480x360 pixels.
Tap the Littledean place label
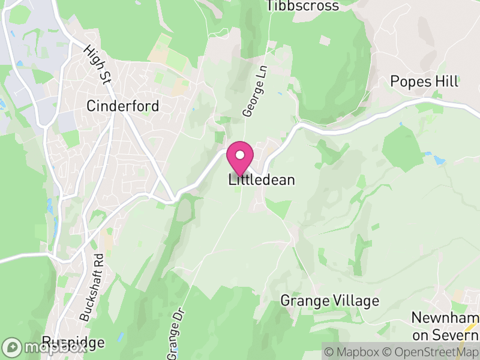262,180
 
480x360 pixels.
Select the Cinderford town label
123,106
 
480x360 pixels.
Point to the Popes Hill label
424,82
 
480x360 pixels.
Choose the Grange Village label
330,301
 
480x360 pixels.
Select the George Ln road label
250,98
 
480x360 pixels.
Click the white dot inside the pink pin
239,154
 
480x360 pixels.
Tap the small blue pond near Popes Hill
440,161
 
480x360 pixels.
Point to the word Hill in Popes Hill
447,82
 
